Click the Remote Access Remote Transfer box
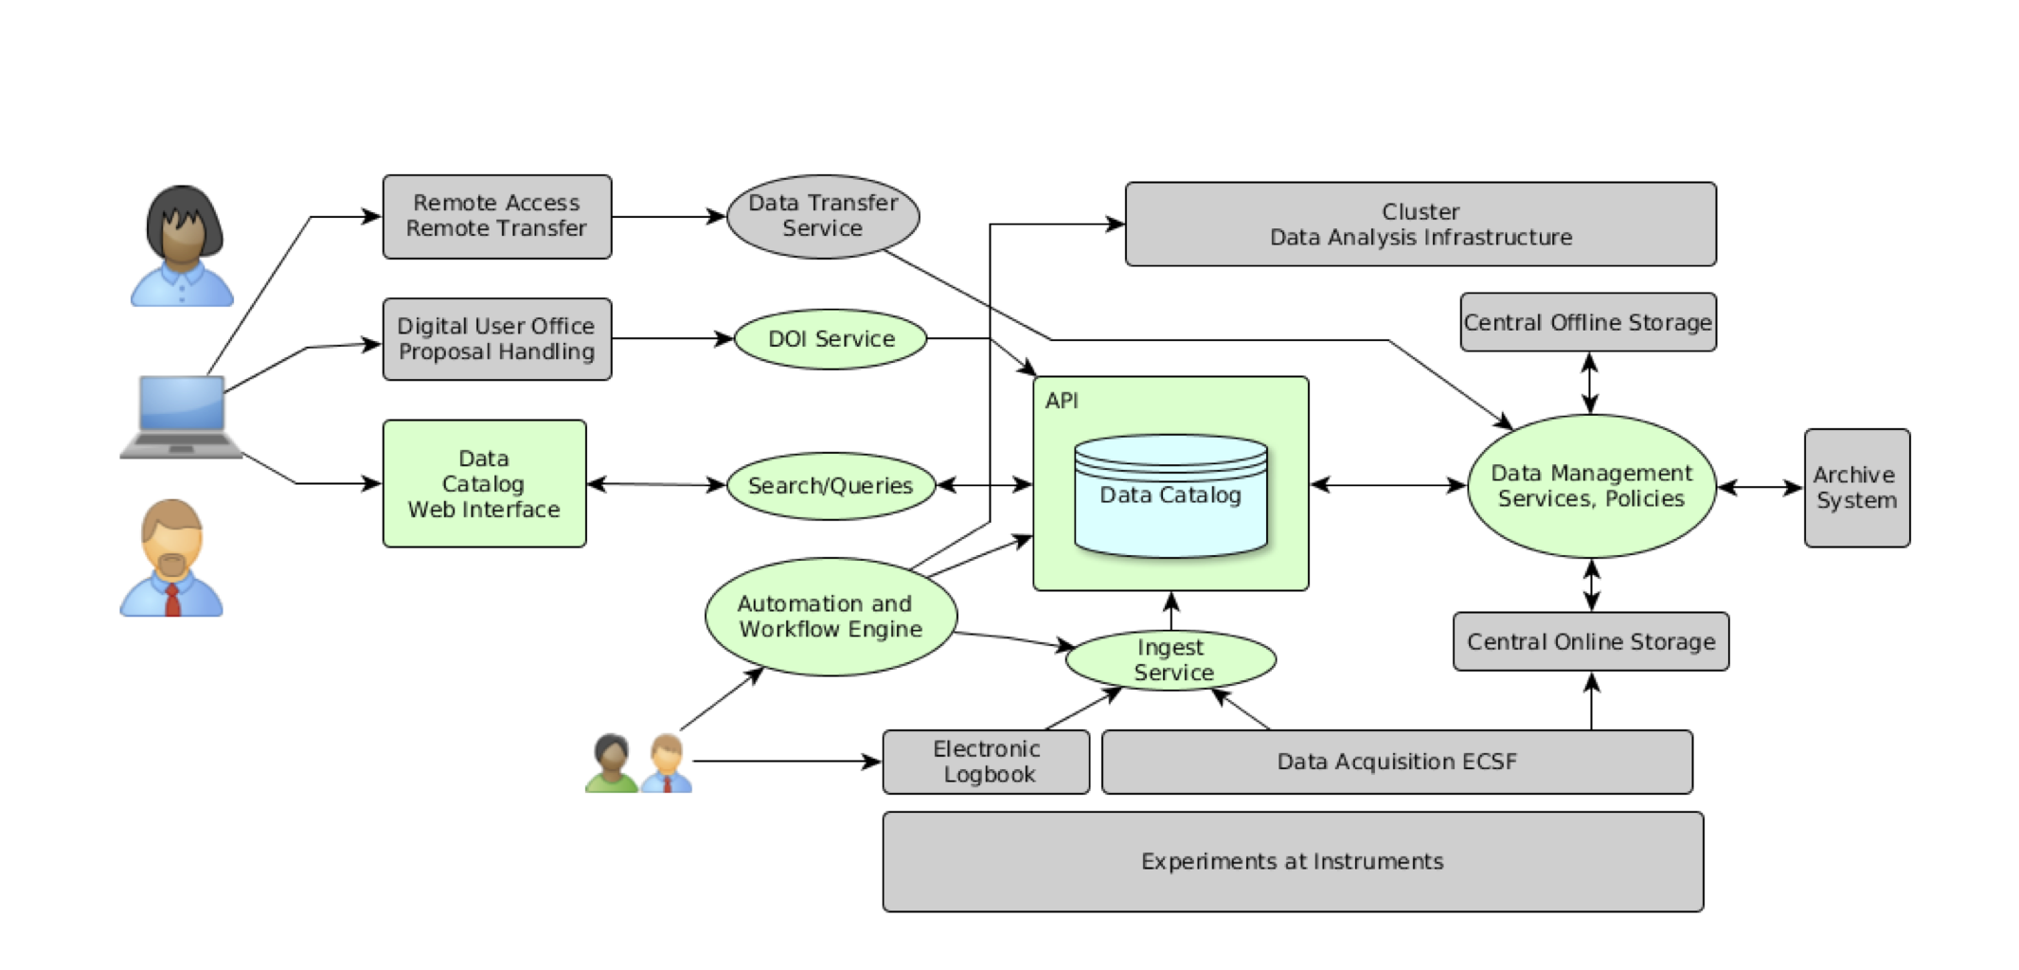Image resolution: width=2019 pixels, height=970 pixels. pyautogui.click(x=496, y=216)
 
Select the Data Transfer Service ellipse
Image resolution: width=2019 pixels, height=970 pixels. pyautogui.click(x=822, y=216)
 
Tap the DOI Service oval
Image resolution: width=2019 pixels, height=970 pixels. pyautogui.click(x=831, y=339)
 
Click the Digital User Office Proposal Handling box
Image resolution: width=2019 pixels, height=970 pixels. pyautogui.click(x=496, y=339)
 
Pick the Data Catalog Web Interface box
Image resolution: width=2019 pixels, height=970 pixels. pyautogui.click(x=484, y=484)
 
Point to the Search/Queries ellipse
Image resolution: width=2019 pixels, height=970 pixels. pyautogui.click(x=831, y=486)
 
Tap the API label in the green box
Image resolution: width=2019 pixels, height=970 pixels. pyautogui.click(x=1061, y=401)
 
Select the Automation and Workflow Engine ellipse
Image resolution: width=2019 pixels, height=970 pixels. pyautogui.click(x=830, y=617)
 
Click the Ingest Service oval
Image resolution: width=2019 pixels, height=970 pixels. pyautogui.click(x=1171, y=660)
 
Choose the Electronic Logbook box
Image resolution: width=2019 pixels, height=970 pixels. pyautogui.click(x=986, y=762)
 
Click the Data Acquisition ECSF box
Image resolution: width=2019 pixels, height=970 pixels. pyautogui.click(x=1396, y=762)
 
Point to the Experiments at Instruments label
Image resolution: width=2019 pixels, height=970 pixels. pyautogui.click(x=1292, y=861)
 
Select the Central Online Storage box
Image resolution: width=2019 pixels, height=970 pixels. pyautogui.click(x=1590, y=642)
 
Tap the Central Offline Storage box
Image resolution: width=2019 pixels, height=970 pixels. pyautogui.click(x=1587, y=323)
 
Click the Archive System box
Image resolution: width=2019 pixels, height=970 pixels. pyautogui.click(x=1856, y=488)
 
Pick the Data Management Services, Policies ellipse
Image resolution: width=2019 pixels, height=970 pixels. pyautogui.click(x=1591, y=486)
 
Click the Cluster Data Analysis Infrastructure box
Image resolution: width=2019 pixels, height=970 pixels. pyautogui.click(x=1420, y=225)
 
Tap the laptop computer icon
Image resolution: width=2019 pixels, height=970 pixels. pyautogui.click(x=181, y=418)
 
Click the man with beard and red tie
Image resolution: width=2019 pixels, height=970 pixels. pyautogui.click(x=171, y=559)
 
